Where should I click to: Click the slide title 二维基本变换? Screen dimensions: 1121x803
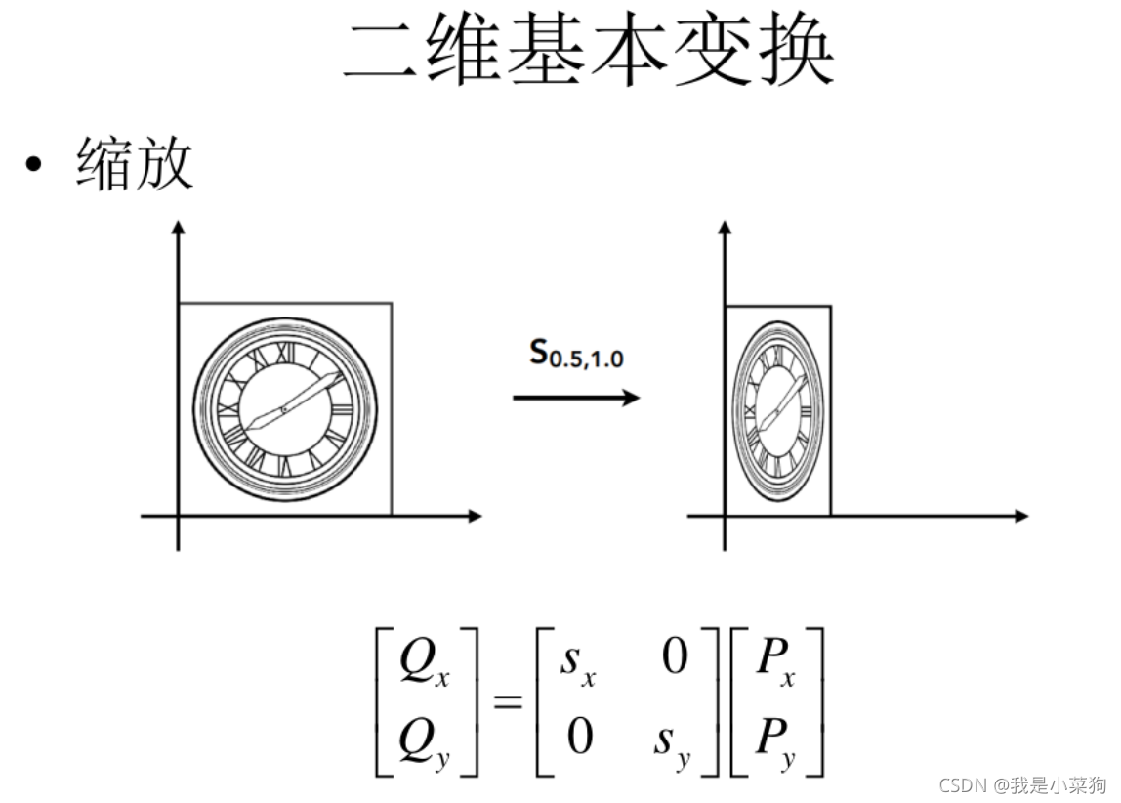(x=588, y=51)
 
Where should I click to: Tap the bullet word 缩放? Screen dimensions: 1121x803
(x=135, y=164)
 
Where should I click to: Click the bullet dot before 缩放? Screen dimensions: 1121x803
(x=35, y=163)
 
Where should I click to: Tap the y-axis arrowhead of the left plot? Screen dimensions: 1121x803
(x=178, y=228)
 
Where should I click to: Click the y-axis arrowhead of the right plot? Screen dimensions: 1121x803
(x=725, y=228)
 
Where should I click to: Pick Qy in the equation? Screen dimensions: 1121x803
(x=424, y=735)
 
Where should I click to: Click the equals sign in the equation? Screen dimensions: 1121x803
(x=508, y=700)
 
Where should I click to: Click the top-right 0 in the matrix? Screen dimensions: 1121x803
(x=675, y=657)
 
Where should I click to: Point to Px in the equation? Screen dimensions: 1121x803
(x=775, y=662)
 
